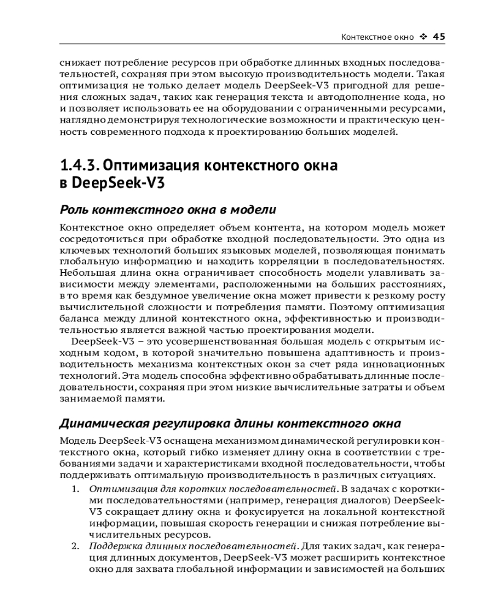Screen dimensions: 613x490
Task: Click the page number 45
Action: [439, 37]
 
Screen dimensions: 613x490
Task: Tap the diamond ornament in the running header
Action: [423, 37]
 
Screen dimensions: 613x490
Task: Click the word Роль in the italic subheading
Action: [74, 210]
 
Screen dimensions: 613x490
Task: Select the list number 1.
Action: [75, 489]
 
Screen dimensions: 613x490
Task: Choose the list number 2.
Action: [75, 546]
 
